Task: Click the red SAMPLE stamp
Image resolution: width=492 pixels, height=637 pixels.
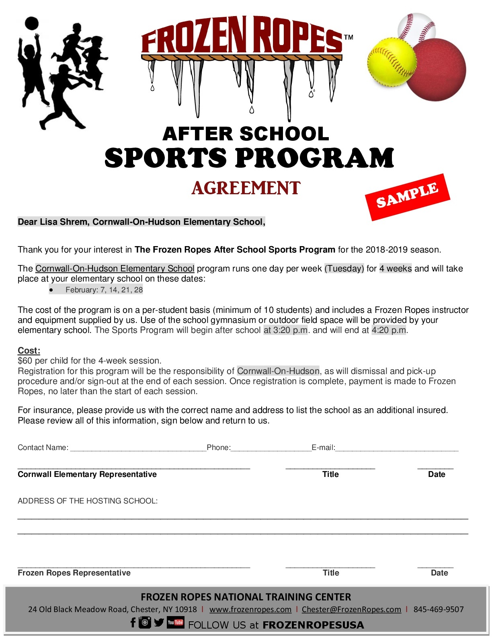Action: coord(407,197)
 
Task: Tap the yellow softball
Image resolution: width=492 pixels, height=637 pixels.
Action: coord(392,62)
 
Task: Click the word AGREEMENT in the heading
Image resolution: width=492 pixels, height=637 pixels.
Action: coord(246,188)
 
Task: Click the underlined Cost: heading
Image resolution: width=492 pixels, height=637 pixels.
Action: coord(29,350)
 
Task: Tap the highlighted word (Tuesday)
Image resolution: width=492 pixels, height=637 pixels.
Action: coord(344,269)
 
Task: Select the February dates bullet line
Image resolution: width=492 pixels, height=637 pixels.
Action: coord(104,290)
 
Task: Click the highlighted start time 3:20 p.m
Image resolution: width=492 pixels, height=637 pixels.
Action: coord(286,330)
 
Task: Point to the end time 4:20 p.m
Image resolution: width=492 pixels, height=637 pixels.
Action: coord(389,330)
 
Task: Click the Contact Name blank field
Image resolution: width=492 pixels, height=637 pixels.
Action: coord(138,448)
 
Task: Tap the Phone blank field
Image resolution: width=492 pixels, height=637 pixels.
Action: coord(271,448)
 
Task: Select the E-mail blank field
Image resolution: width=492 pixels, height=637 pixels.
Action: coord(396,448)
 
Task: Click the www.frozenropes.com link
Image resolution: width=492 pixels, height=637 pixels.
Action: coord(250,609)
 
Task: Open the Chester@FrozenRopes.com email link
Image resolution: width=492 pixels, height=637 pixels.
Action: coord(351,609)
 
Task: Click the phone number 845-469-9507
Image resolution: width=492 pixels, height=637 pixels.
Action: coord(439,609)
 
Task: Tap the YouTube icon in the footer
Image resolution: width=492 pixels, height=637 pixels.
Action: coord(176,623)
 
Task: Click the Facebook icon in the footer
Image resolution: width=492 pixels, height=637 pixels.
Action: coord(133,623)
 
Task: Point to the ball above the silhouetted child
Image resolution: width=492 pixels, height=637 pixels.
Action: coord(31,23)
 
